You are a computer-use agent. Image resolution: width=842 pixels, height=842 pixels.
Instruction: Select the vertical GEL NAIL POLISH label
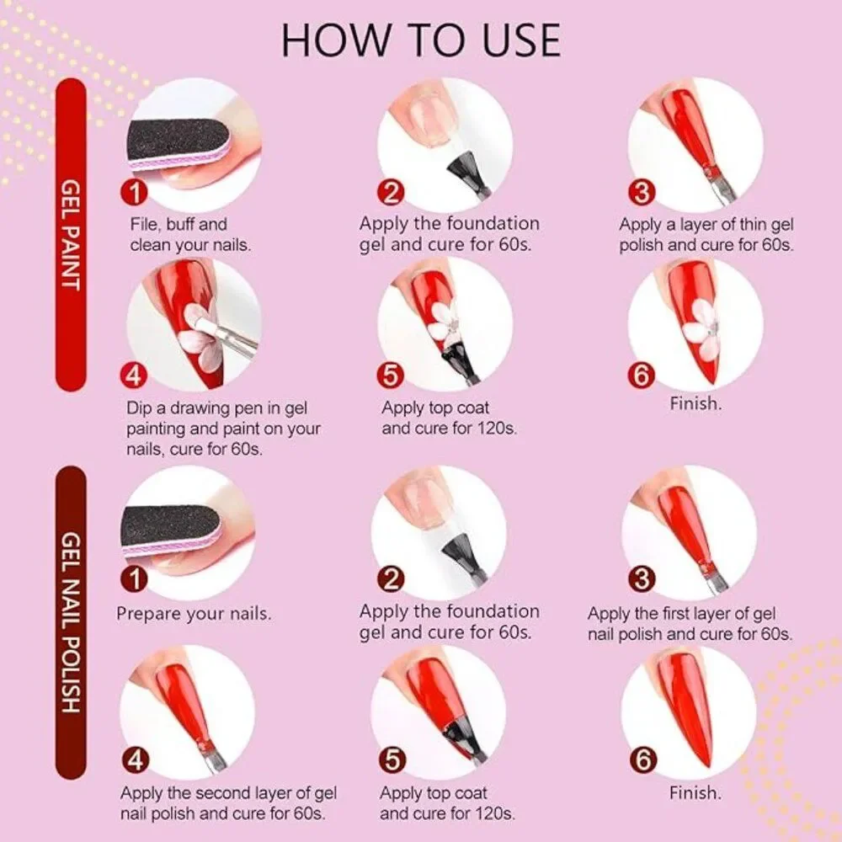(x=71, y=623)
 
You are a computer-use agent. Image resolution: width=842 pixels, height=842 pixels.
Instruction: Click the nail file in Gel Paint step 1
(x=173, y=141)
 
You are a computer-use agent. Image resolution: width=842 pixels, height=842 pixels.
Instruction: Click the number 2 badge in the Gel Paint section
(x=392, y=192)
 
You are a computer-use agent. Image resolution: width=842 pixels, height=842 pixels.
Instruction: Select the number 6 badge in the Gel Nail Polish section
(x=643, y=760)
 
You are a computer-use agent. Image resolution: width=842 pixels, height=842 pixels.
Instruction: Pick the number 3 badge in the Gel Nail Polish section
(x=643, y=578)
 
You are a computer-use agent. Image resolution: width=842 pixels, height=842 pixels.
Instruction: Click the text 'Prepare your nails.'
(x=194, y=613)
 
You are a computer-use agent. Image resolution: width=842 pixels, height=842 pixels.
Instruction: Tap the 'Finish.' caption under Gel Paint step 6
(x=695, y=403)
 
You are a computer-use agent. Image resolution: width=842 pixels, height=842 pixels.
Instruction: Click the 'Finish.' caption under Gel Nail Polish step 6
(x=695, y=792)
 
